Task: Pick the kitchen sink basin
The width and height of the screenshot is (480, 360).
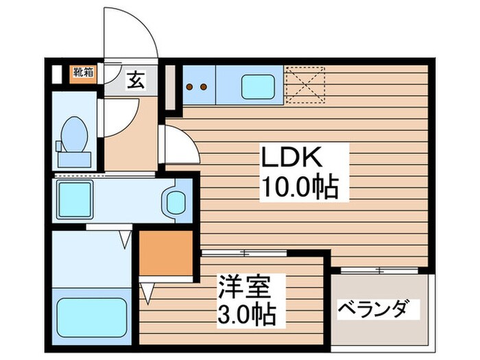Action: click(258, 87)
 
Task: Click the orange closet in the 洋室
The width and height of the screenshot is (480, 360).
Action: click(165, 252)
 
